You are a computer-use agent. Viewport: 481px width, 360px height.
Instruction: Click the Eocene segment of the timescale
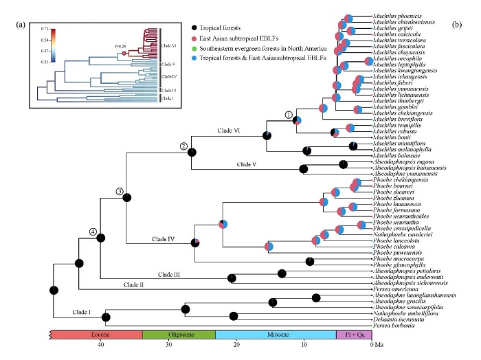[97, 334]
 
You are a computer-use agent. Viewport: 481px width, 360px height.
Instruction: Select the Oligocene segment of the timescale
[179, 334]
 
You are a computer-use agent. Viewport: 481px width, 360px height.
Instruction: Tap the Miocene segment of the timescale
[275, 334]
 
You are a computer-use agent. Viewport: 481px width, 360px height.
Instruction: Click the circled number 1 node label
[289, 114]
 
